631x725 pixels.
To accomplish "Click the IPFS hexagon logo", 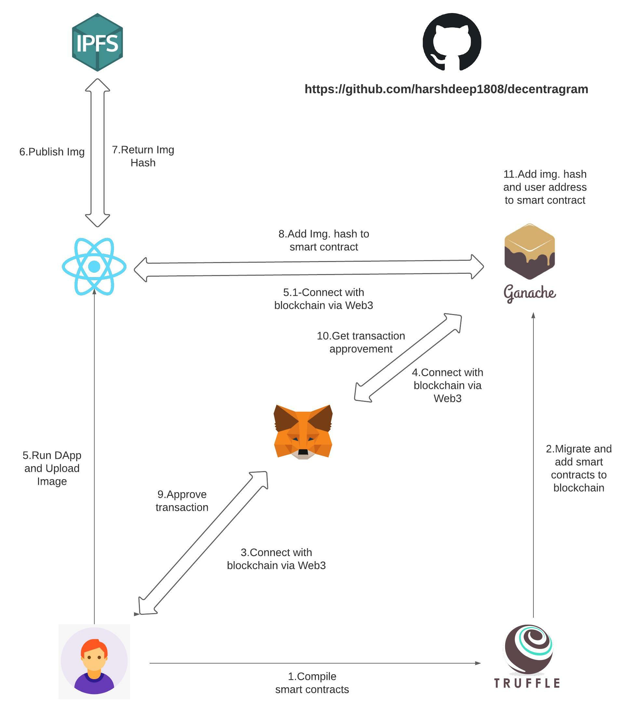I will coord(97,43).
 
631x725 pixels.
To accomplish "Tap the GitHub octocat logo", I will coord(452,42).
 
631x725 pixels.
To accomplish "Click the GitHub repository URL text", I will coord(446,89).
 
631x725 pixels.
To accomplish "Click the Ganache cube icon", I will coord(530,252).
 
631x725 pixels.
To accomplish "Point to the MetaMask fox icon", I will coord(303,432).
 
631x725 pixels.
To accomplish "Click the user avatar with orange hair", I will coord(94,662).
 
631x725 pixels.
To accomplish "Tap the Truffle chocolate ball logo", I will coord(529,650).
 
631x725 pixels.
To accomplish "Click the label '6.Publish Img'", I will coord(52,152).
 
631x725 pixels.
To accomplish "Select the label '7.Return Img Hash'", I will coord(143,156).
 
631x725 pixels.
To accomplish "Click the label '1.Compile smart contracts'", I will coord(312,683).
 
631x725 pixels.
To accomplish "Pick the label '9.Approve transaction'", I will coord(182,500).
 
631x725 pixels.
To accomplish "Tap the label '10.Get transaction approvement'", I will coord(361,342).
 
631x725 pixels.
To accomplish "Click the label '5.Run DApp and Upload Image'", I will coord(52,468).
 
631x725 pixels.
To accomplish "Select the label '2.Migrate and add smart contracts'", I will coord(579,468).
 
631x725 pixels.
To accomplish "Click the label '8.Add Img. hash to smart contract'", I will coord(324,240).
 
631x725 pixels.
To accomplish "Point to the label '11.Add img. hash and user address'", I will coord(545,187).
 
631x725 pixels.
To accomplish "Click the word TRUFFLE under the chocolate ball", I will coord(527,683).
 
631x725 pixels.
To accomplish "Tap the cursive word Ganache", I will coord(530,293).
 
